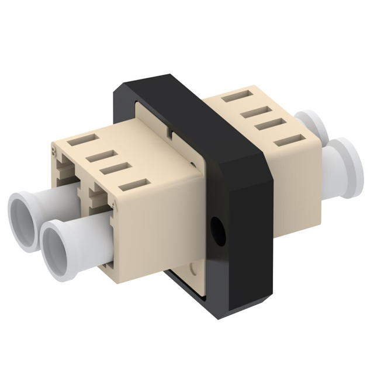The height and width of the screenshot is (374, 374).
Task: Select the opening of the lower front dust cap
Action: tap(58, 238)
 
